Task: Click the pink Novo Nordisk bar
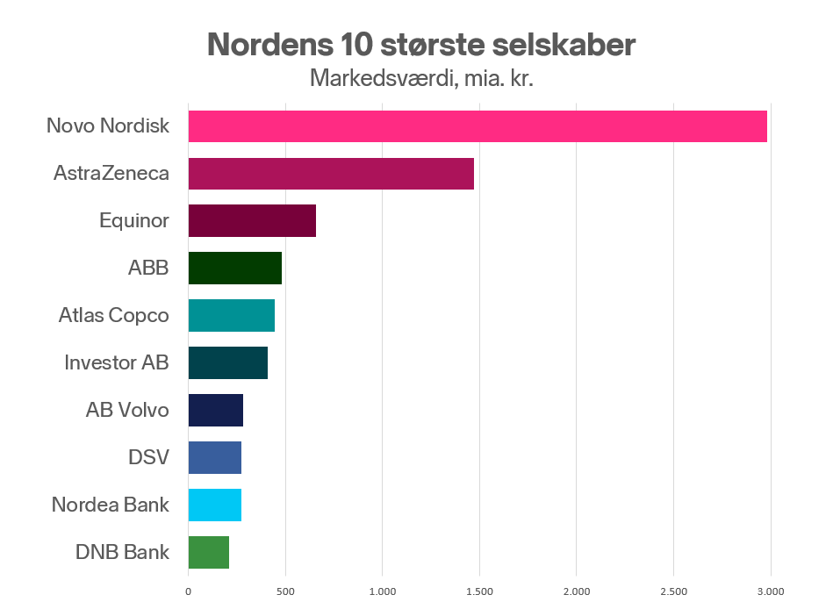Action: pyautogui.click(x=478, y=126)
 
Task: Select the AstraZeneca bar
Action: pyautogui.click(x=331, y=174)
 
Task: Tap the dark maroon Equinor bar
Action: pyautogui.click(x=252, y=220)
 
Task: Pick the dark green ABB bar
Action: pyautogui.click(x=235, y=268)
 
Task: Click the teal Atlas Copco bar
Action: pyautogui.click(x=232, y=316)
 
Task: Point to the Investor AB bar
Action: pyautogui.click(x=228, y=363)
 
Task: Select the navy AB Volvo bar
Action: pyautogui.click(x=216, y=410)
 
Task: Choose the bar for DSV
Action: pyautogui.click(x=215, y=457)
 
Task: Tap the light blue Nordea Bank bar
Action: pyautogui.click(x=215, y=505)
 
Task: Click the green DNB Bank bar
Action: pyautogui.click(x=209, y=553)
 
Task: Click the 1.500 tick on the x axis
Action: pyautogui.click(x=480, y=591)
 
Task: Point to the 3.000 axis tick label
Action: pyautogui.click(x=771, y=591)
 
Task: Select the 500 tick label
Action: pyautogui.click(x=285, y=591)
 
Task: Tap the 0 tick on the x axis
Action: pyautogui.click(x=188, y=591)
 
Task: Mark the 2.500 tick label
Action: pyautogui.click(x=673, y=591)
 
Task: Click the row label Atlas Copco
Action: pyautogui.click(x=114, y=315)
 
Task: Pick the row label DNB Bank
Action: pyautogui.click(x=122, y=552)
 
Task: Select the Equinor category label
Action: pyautogui.click(x=134, y=220)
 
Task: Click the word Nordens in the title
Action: pyautogui.click(x=270, y=44)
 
